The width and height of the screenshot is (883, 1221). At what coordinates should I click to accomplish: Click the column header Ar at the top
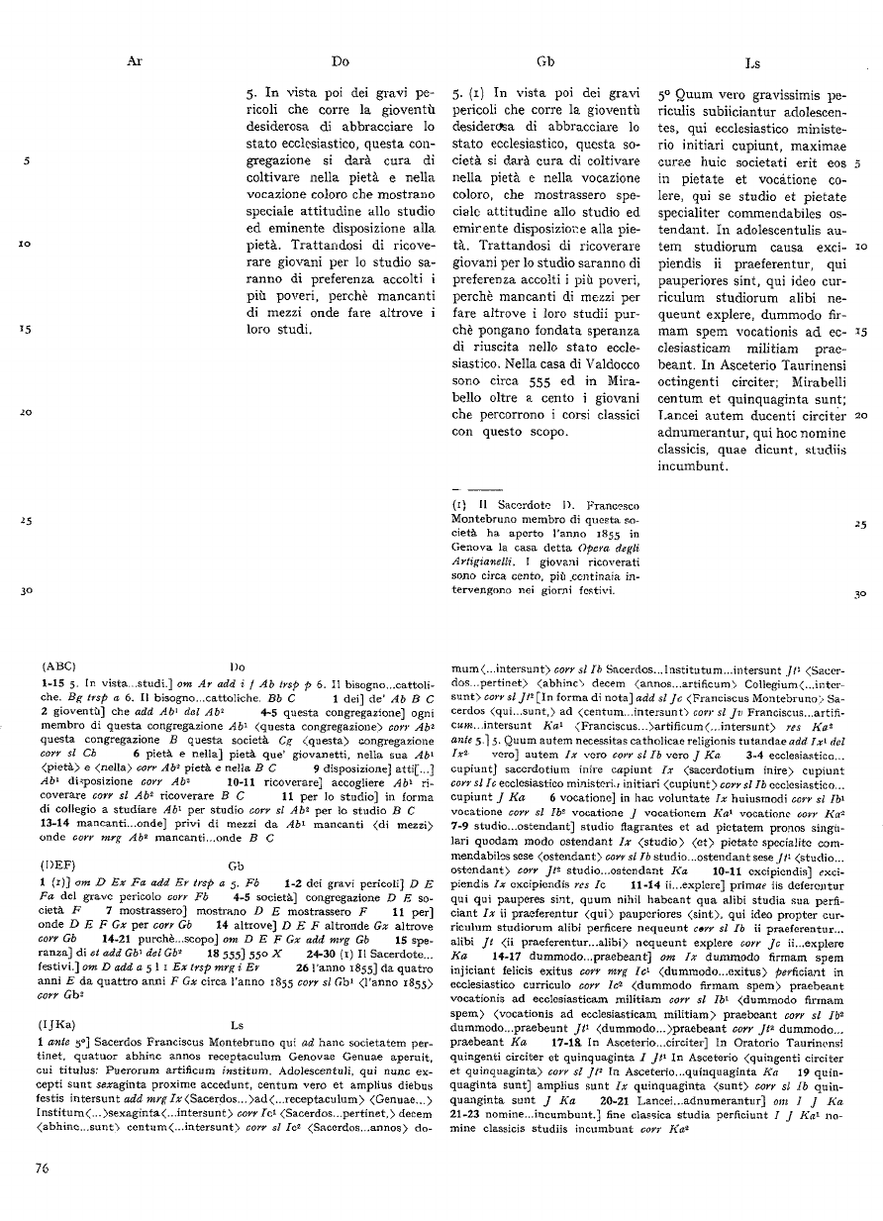point(136,61)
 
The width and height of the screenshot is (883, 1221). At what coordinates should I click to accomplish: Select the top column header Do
point(341,61)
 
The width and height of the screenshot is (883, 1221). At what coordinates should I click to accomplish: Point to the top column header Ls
point(751,61)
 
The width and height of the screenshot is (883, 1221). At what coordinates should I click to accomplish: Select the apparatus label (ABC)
point(61,666)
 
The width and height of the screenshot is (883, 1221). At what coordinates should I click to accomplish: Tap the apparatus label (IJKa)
point(62,1019)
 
